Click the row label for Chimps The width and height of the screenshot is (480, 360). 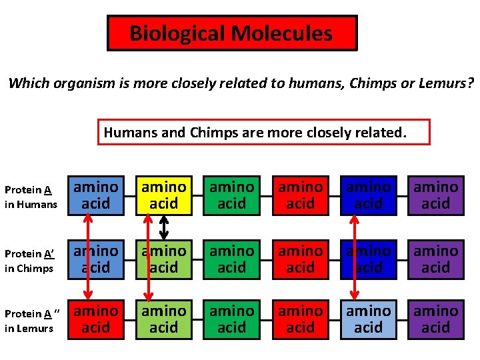click(x=31, y=260)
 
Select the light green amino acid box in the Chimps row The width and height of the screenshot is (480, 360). click(x=163, y=259)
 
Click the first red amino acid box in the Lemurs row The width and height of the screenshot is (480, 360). click(x=95, y=319)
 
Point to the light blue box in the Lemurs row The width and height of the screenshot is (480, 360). click(x=368, y=319)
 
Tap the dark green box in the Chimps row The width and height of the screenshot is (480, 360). click(x=232, y=259)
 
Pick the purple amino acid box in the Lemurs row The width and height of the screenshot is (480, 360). click(x=436, y=319)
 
